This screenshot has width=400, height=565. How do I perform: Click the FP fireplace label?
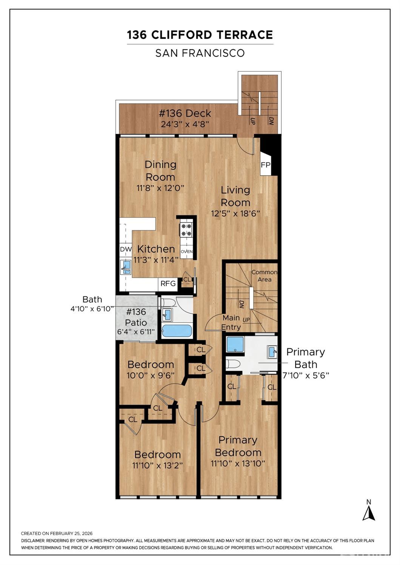(265, 165)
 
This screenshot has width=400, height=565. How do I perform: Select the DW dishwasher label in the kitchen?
(126, 249)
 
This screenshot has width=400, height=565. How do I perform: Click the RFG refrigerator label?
(168, 283)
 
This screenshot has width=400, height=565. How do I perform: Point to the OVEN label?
(186, 252)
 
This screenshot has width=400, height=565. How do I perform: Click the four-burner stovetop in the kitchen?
(186, 230)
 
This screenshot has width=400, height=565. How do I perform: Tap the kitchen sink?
(126, 267)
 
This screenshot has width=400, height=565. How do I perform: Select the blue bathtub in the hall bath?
(177, 332)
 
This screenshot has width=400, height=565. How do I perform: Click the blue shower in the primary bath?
(235, 344)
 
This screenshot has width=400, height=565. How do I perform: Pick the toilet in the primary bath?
(233, 364)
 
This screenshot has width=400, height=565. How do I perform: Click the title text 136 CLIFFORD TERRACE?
(200, 35)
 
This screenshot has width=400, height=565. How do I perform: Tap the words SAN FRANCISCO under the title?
(200, 53)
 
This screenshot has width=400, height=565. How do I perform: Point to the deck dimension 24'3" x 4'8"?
(185, 124)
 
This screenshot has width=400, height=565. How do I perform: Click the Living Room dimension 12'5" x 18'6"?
(235, 213)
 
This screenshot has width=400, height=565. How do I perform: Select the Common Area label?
(265, 276)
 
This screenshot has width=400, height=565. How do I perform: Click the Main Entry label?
(231, 322)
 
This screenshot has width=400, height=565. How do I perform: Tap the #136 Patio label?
(136, 317)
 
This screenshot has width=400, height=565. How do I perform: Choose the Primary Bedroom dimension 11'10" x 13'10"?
(238, 463)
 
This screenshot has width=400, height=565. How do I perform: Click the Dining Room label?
(160, 170)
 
